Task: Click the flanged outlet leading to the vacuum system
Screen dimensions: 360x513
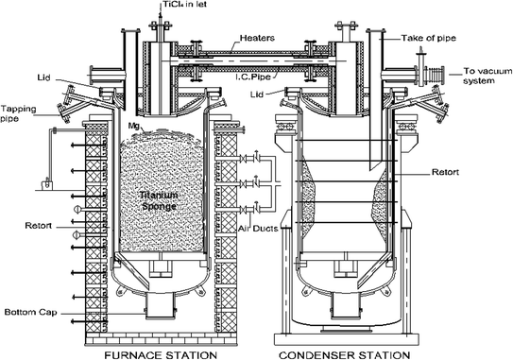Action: point(438,73)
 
